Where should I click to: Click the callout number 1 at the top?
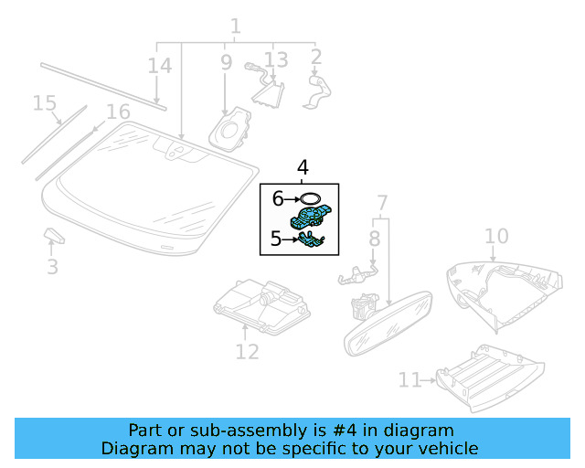235,27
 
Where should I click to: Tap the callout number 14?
159,66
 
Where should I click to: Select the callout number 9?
226,62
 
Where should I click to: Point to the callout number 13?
276,59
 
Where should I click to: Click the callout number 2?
316,58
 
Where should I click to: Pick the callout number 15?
45,103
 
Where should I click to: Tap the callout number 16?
118,112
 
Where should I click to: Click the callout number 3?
52,267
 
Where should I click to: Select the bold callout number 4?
303,167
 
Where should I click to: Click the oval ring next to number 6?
311,197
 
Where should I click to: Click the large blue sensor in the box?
310,219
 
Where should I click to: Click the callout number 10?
495,237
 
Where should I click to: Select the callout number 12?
247,351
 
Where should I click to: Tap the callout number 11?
409,378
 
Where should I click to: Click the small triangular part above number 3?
54,237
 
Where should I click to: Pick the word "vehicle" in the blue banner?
446,448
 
